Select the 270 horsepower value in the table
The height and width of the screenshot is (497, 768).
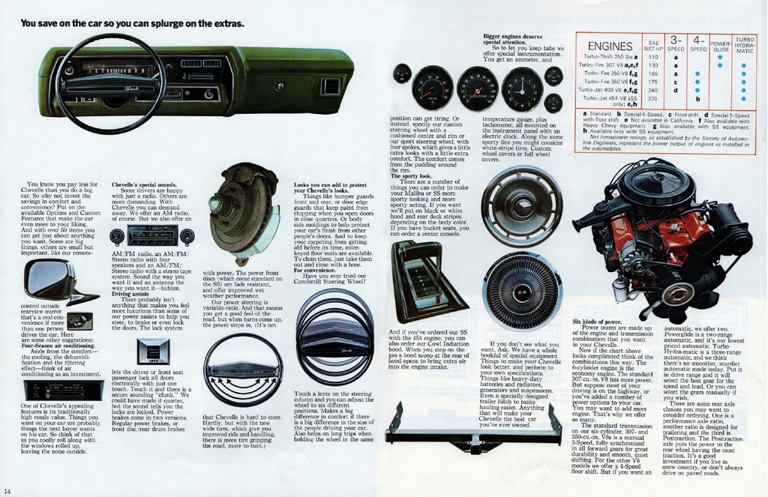point(652,98)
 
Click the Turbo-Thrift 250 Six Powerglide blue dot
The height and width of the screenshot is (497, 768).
point(720,56)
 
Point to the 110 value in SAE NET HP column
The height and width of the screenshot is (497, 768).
point(652,56)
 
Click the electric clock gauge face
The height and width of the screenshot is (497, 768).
point(523,89)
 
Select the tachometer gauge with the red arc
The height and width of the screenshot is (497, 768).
point(432,88)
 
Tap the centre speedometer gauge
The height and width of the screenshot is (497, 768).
point(477,88)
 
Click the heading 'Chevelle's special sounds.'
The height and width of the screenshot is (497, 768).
point(144,184)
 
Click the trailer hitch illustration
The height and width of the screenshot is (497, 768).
point(474,434)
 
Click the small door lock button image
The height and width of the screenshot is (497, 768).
point(153,351)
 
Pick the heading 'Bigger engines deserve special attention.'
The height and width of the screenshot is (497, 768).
point(512,39)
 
